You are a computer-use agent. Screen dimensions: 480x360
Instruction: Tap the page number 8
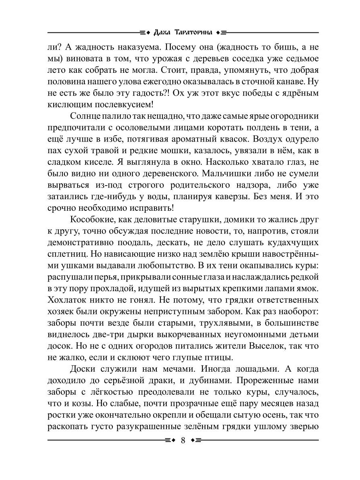coord(183,440)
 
